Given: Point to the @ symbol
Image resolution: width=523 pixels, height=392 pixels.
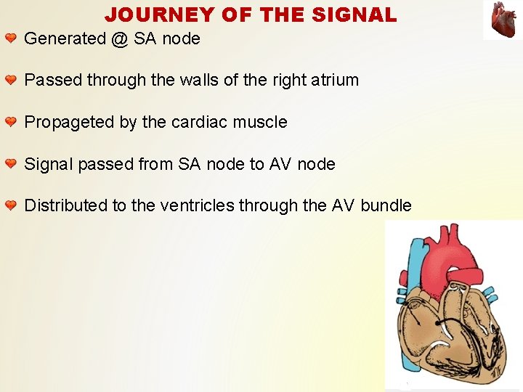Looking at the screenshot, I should tap(120, 39).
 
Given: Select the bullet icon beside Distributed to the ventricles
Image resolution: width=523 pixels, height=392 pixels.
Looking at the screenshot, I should tap(11, 205).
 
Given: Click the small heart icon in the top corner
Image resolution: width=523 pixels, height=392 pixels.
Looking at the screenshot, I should tap(502, 20).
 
